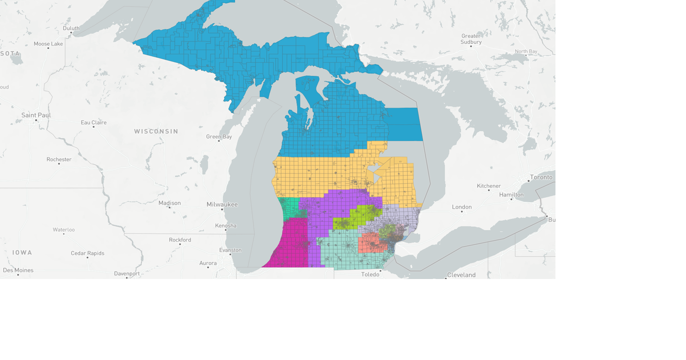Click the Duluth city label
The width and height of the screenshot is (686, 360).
point(71,28)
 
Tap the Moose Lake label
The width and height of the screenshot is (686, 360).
point(48,44)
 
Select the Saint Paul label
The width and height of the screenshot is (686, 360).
point(36,115)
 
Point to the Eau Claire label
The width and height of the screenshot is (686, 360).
point(94,123)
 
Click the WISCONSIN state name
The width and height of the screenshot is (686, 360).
point(156,131)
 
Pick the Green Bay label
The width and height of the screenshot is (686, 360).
point(219,137)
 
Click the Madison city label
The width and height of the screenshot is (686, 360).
point(169,203)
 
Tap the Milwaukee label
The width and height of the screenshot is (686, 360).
point(222,205)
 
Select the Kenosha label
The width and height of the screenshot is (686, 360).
point(226,226)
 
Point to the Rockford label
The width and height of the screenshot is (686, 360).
point(180,240)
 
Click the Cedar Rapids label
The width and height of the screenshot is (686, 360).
point(87,253)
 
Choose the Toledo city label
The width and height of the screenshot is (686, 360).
point(370,274)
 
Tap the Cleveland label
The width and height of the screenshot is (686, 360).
point(461,275)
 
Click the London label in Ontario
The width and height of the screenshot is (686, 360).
point(462,207)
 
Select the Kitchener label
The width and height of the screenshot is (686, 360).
point(489,186)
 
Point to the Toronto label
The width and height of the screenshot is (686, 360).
point(541,177)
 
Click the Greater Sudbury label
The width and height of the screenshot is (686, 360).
point(471,39)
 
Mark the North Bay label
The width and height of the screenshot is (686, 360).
point(526,51)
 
